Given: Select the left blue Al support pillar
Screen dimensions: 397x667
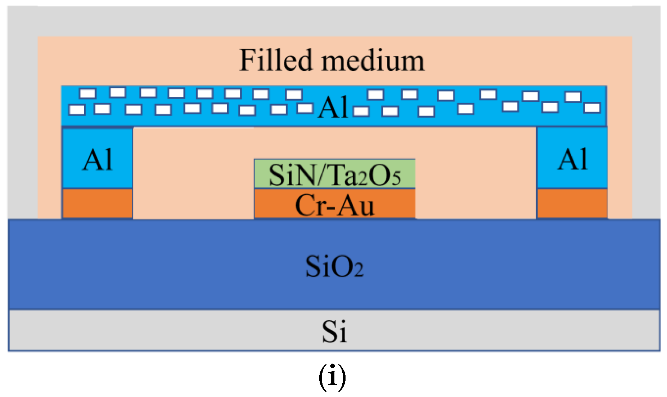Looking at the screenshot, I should tap(97, 158).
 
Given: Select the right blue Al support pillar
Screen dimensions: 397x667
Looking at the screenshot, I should tap(572, 158).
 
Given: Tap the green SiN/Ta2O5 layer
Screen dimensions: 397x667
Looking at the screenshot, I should tap(334, 174).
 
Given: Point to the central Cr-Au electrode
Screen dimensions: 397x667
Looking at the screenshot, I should tap(334, 204).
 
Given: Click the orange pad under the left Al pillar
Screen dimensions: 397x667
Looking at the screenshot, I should tap(97, 203).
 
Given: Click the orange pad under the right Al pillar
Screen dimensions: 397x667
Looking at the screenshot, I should tap(572, 203).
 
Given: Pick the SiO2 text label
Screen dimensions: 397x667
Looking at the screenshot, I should tap(334, 267).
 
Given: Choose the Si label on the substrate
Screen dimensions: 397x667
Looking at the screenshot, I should tap(334, 331).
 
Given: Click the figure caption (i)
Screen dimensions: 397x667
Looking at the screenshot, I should tap(332, 377).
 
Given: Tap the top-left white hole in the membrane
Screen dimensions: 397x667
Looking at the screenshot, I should tap(88, 94).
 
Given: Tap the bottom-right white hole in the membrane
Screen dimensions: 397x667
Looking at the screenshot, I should tap(592, 108).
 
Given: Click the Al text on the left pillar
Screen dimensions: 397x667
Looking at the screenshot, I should tap(97, 160).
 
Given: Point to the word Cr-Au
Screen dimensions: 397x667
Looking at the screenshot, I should tap(334, 205).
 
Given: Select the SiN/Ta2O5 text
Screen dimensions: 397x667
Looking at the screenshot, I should tap(334, 175).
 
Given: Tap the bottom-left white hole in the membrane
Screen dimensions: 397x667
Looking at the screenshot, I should tap(77, 109).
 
